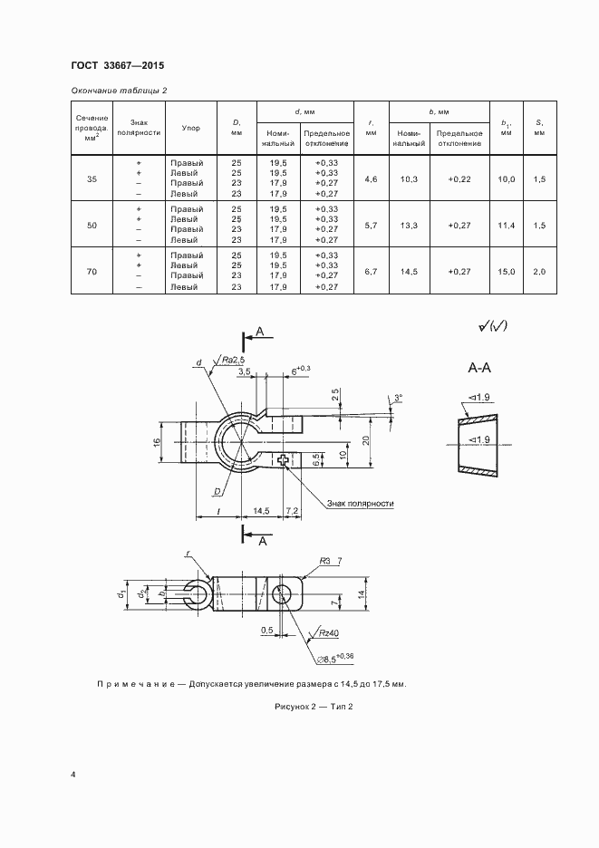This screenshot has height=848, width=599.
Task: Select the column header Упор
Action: (190, 128)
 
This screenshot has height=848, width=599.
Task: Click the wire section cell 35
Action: (92, 178)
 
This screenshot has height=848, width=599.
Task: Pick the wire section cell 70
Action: (92, 271)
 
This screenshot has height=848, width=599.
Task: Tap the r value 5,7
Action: (370, 225)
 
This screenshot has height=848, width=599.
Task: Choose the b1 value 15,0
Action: (506, 271)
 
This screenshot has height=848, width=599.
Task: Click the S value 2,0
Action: (539, 271)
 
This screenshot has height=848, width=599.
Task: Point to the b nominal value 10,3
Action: (409, 178)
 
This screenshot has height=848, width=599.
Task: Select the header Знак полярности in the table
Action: (140, 128)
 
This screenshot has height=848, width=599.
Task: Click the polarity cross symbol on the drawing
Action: (286, 461)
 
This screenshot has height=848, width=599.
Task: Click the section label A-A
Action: (480, 369)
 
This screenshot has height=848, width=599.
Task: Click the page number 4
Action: (72, 775)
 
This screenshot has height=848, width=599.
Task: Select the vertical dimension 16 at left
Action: (156, 442)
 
